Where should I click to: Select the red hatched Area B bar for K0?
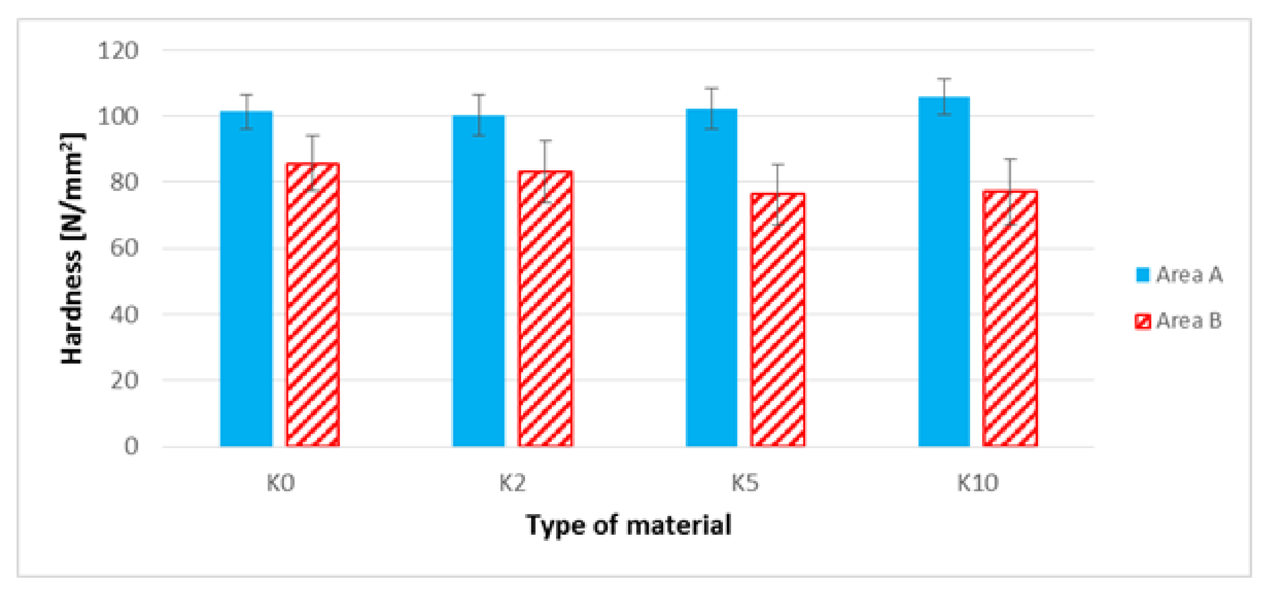(313, 304)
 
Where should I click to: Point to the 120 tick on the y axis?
(118, 50)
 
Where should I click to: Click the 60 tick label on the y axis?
(124, 248)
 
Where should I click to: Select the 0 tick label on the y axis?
(131, 446)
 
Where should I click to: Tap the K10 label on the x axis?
(977, 483)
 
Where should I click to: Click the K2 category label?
(512, 483)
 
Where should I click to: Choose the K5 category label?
(745, 483)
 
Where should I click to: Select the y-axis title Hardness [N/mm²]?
(72, 248)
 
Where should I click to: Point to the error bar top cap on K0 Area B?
(313, 135)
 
